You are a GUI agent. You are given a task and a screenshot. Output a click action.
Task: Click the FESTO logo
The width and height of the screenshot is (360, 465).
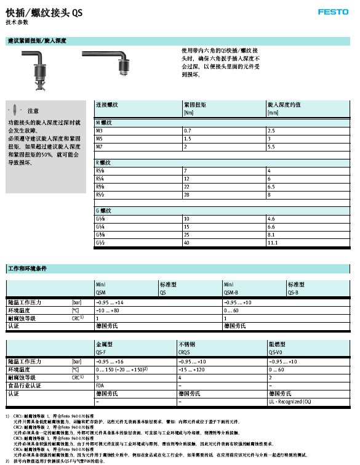(x=333, y=12)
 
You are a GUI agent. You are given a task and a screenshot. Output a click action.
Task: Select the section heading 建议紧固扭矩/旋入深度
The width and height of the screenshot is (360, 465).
(x=36, y=41)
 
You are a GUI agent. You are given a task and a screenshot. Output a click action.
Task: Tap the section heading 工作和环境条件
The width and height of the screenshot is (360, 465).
(x=28, y=269)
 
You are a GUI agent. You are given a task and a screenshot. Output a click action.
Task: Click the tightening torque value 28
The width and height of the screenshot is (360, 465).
(x=186, y=195)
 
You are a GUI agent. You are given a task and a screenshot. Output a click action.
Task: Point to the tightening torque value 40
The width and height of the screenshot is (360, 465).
(x=187, y=243)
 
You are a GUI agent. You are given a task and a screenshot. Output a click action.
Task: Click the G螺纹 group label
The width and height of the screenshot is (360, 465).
(x=103, y=211)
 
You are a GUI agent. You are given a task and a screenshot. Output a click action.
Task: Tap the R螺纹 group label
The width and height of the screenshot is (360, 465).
(x=103, y=163)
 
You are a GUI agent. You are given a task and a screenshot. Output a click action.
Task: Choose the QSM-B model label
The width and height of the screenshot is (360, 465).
(x=230, y=293)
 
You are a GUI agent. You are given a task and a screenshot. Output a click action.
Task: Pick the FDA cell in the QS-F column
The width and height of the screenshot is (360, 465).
(x=100, y=385)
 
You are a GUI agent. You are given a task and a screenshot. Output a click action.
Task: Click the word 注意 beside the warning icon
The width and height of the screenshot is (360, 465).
(x=33, y=111)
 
